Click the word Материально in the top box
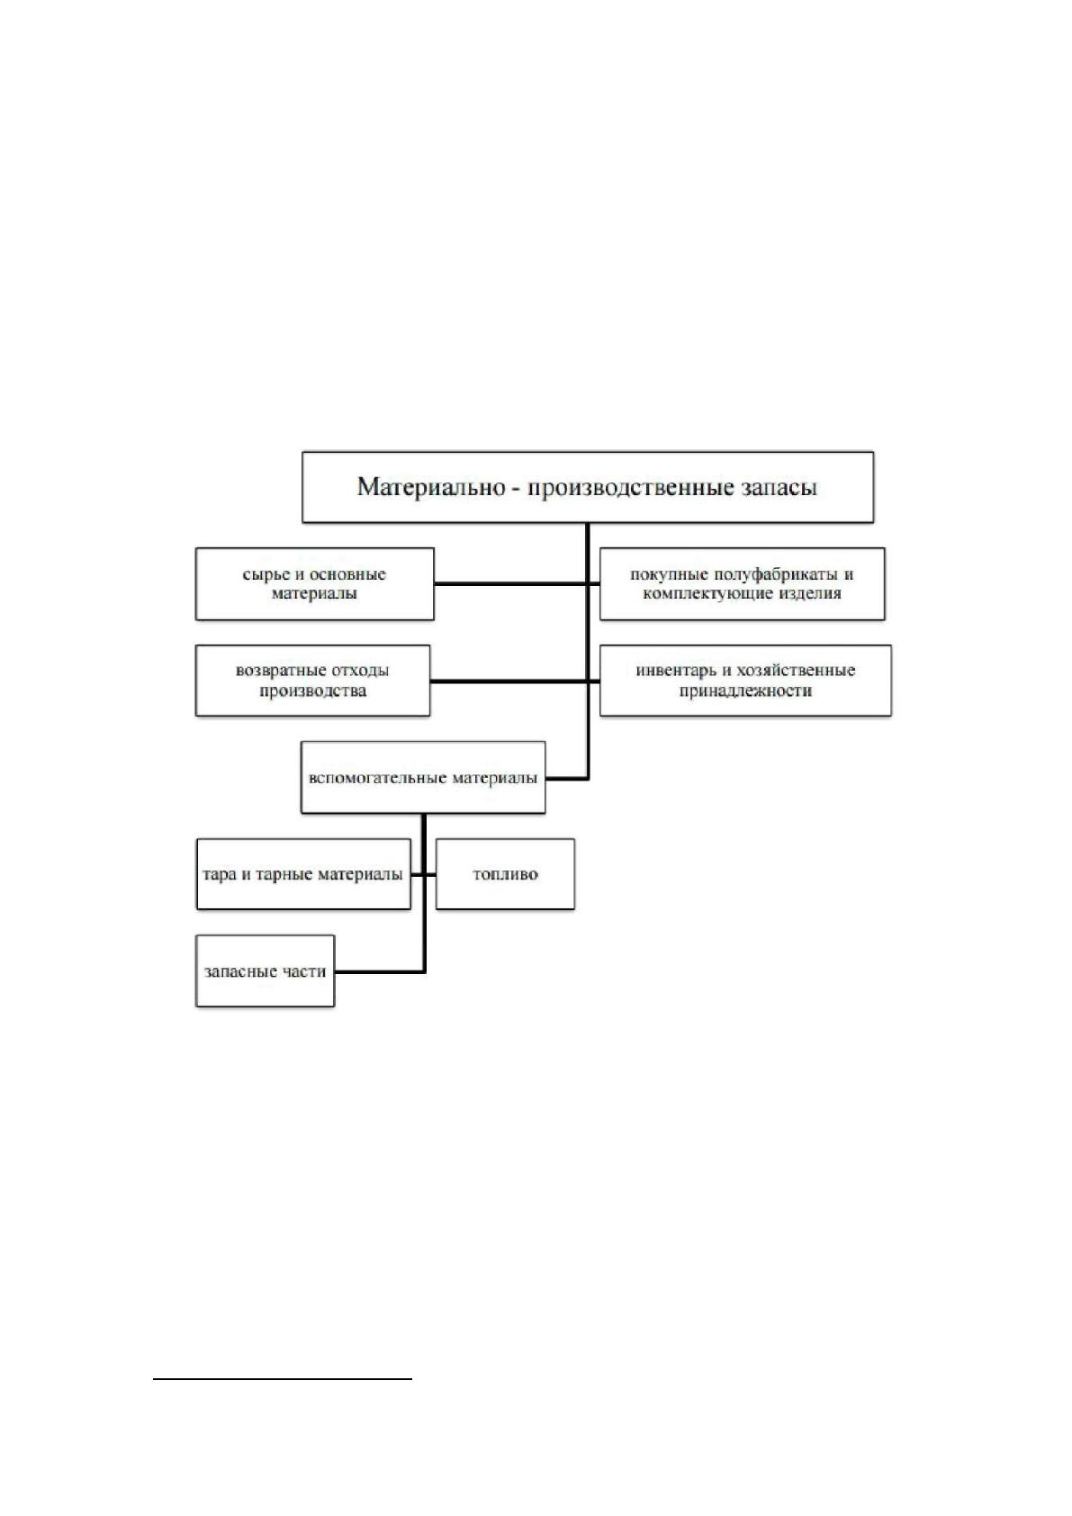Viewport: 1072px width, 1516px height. point(431,487)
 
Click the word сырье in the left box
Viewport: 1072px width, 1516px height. point(266,575)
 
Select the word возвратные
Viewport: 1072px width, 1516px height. point(275,671)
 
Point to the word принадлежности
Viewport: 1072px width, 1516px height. point(745,691)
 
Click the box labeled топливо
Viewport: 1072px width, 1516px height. point(505,874)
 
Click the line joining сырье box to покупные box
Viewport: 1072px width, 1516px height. point(517,583)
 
